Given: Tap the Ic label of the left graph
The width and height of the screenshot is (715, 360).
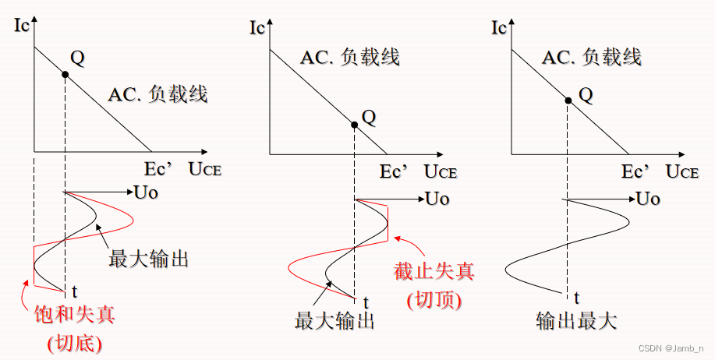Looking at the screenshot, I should [x=23, y=26].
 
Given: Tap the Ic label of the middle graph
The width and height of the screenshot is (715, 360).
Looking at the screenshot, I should [x=257, y=27].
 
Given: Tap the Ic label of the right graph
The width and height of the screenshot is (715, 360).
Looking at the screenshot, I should [x=501, y=27].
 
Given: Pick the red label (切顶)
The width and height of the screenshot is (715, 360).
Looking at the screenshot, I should [x=434, y=299].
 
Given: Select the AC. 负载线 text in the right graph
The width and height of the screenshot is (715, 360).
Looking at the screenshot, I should [x=591, y=57].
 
